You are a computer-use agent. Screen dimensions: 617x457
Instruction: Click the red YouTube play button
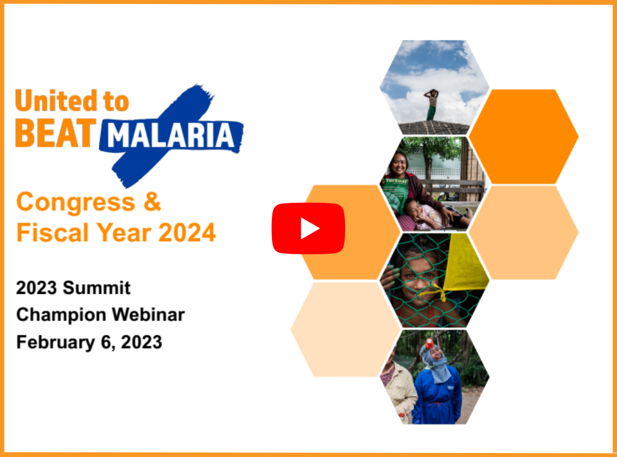(308, 228)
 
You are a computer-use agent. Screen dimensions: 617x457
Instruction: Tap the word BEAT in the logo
(56, 133)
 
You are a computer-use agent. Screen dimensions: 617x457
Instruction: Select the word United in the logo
(56, 101)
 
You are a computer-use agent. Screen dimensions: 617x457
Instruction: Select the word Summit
(97, 288)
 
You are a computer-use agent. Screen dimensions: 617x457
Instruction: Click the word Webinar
(149, 315)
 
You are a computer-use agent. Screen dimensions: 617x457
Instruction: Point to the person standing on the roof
(432, 105)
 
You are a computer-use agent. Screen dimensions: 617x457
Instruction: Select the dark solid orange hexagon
(524, 136)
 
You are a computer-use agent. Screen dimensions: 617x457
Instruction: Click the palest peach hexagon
(346, 329)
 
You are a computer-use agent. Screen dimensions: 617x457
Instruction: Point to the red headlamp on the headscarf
(429, 343)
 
